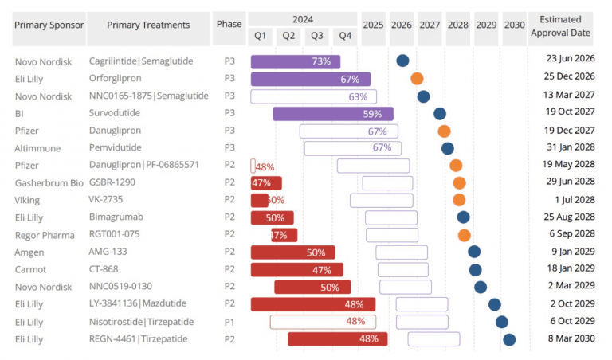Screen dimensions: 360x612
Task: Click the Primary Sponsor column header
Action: pyautogui.click(x=49, y=25)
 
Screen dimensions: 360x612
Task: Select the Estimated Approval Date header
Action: pyautogui.click(x=565, y=26)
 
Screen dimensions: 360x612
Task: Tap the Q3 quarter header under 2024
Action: pyautogui.click(x=317, y=36)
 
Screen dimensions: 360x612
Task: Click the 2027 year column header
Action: pyautogui.click(x=430, y=25)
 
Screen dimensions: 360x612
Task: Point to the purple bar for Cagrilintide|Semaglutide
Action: pyautogui.click(x=296, y=61)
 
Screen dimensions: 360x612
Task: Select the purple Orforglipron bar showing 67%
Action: pyautogui.click(x=311, y=79)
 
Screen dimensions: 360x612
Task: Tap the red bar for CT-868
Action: pyautogui.click(x=297, y=270)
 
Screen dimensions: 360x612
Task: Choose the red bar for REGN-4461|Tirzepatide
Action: pyautogui.click(x=338, y=339)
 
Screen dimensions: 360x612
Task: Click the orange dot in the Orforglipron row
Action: pyautogui.click(x=417, y=78)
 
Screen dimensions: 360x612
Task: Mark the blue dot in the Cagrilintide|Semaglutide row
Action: pyautogui.click(x=403, y=61)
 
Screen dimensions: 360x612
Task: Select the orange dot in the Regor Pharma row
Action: pyautogui.click(x=465, y=235)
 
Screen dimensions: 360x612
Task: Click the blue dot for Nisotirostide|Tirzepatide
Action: pyautogui.click(x=502, y=322)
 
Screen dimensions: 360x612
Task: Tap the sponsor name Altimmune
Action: pyautogui.click(x=37, y=148)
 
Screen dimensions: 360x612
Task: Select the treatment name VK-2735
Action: pyautogui.click(x=106, y=200)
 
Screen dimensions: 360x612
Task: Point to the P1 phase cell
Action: pyautogui.click(x=229, y=321)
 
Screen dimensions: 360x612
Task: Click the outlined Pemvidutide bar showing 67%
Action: pyautogui.click(x=352, y=148)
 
